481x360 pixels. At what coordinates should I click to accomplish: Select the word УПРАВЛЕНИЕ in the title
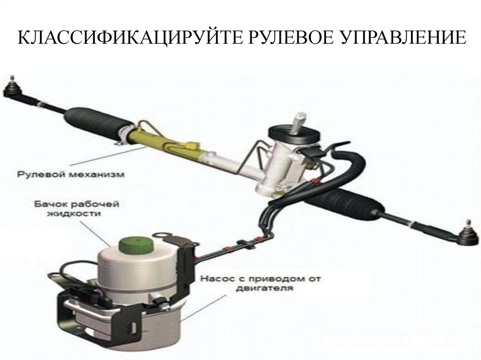click(403, 38)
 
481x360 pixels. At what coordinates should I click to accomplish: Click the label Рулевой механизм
click(71, 175)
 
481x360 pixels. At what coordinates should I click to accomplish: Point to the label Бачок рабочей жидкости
click(77, 209)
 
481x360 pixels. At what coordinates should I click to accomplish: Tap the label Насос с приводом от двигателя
click(260, 283)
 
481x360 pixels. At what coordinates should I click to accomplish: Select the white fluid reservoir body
click(138, 270)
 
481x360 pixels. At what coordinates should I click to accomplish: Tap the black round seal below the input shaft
click(295, 135)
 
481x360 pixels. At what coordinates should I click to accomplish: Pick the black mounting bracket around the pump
click(123, 306)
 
